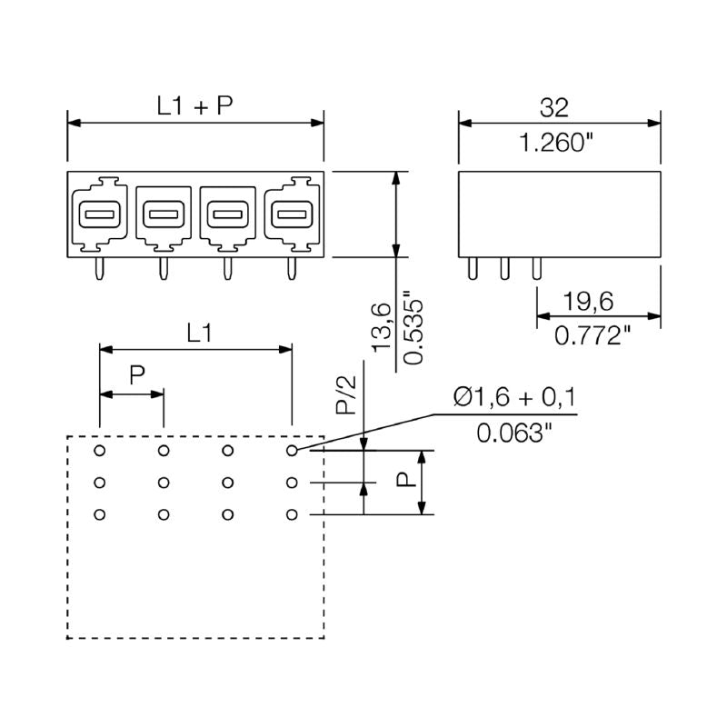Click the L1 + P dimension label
(x=195, y=106)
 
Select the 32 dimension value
(x=553, y=107)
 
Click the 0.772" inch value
(x=593, y=336)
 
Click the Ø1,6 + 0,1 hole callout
(x=514, y=397)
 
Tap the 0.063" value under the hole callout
(x=514, y=433)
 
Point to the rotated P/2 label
(x=345, y=397)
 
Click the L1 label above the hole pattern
(x=200, y=334)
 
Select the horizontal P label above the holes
(x=136, y=375)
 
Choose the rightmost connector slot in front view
(x=291, y=215)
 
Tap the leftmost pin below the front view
(x=100, y=268)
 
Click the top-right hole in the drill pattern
(x=292, y=450)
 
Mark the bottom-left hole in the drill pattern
(x=100, y=515)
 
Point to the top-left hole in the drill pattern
(x=100, y=450)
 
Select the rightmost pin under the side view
(x=535, y=268)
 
